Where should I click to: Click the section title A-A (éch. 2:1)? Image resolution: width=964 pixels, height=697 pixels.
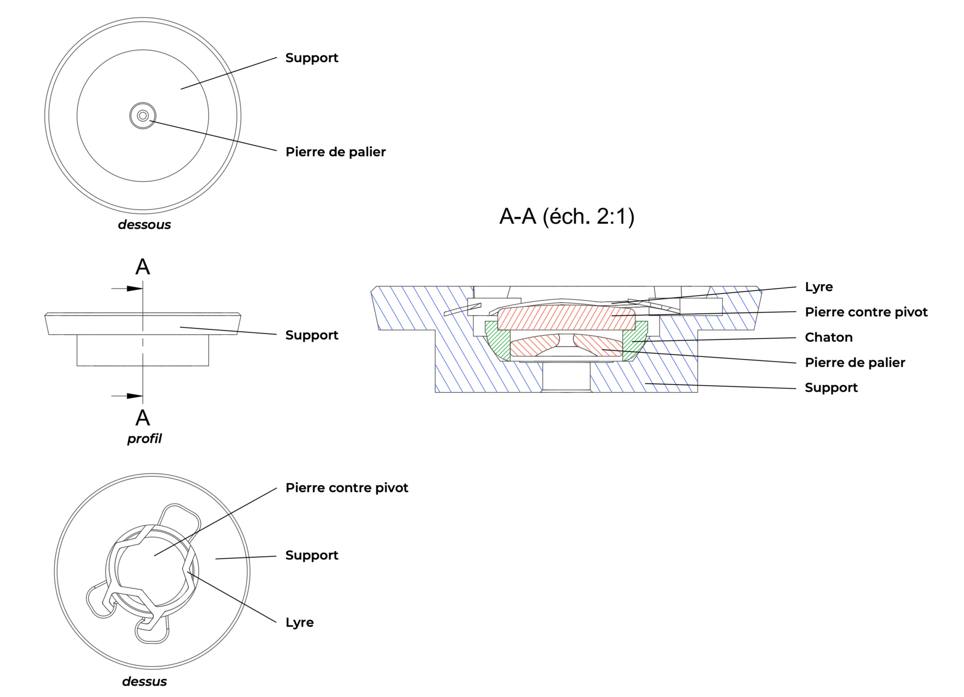tap(566, 216)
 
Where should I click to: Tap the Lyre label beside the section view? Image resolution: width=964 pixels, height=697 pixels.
tap(818, 287)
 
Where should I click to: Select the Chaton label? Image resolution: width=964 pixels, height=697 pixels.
tap(828, 337)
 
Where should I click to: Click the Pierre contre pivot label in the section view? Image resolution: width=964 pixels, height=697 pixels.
tap(866, 312)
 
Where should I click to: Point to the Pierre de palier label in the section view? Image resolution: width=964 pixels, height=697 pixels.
tap(855, 363)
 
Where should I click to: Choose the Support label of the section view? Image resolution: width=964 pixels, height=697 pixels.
tap(831, 388)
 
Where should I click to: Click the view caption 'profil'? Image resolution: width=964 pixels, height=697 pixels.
tap(144, 438)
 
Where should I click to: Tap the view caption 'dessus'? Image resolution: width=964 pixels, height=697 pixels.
tap(144, 681)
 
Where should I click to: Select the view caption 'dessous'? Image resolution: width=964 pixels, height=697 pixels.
tap(144, 224)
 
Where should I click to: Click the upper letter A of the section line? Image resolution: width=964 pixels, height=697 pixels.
tap(143, 267)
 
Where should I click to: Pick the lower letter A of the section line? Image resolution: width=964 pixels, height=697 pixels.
tap(143, 418)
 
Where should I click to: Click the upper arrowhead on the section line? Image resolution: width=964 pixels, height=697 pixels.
tap(134, 289)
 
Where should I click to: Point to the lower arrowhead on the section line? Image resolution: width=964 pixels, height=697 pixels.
tap(134, 396)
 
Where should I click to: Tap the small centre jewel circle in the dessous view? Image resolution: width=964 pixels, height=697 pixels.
tap(143, 116)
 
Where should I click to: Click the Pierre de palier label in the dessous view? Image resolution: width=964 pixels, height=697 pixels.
tap(335, 152)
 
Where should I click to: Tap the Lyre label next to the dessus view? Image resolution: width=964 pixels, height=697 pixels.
tap(299, 622)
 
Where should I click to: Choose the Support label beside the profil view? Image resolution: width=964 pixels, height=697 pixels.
tap(311, 335)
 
